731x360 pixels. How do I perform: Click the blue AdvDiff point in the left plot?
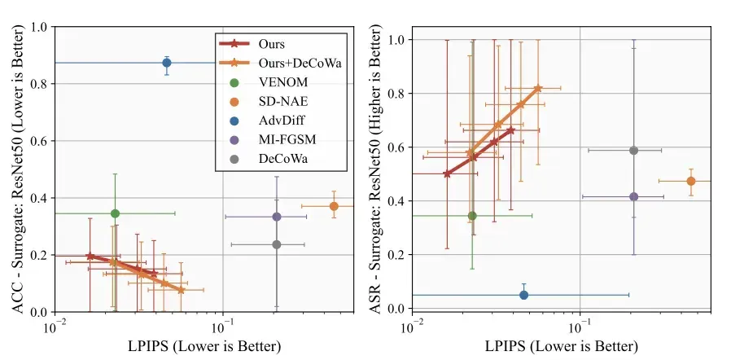coord(166,63)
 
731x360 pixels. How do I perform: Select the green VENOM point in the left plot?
coord(115,213)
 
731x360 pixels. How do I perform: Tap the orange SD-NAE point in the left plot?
coord(334,206)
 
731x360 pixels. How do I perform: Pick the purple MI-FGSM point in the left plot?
coord(277,217)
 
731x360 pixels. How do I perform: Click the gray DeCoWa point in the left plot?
coord(277,244)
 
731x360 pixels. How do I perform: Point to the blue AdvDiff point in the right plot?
coord(523,295)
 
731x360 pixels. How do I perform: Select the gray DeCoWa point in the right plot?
coord(633,150)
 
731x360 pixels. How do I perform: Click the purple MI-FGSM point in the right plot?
coord(633,197)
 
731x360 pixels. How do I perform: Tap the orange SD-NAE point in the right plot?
coord(691,181)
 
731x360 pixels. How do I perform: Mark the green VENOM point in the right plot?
coord(472,216)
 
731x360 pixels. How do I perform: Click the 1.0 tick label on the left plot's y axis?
coord(41,27)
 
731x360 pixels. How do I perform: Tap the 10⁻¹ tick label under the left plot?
coord(224,324)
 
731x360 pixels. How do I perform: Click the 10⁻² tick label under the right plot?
coord(413,324)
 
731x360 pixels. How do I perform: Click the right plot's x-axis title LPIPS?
coord(562,346)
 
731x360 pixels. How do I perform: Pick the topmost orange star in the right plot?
coord(538,88)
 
